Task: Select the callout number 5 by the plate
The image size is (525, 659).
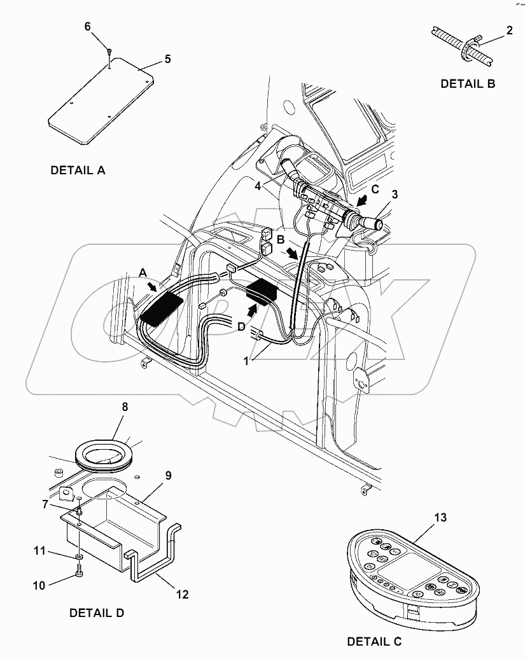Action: point(167,59)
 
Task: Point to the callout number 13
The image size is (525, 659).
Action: point(441,518)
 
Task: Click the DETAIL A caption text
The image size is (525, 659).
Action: point(78,170)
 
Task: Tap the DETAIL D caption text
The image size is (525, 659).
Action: point(96,613)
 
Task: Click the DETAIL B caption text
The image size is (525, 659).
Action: point(468,83)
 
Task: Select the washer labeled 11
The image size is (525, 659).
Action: point(78,557)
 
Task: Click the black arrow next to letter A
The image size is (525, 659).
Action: point(153,288)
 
